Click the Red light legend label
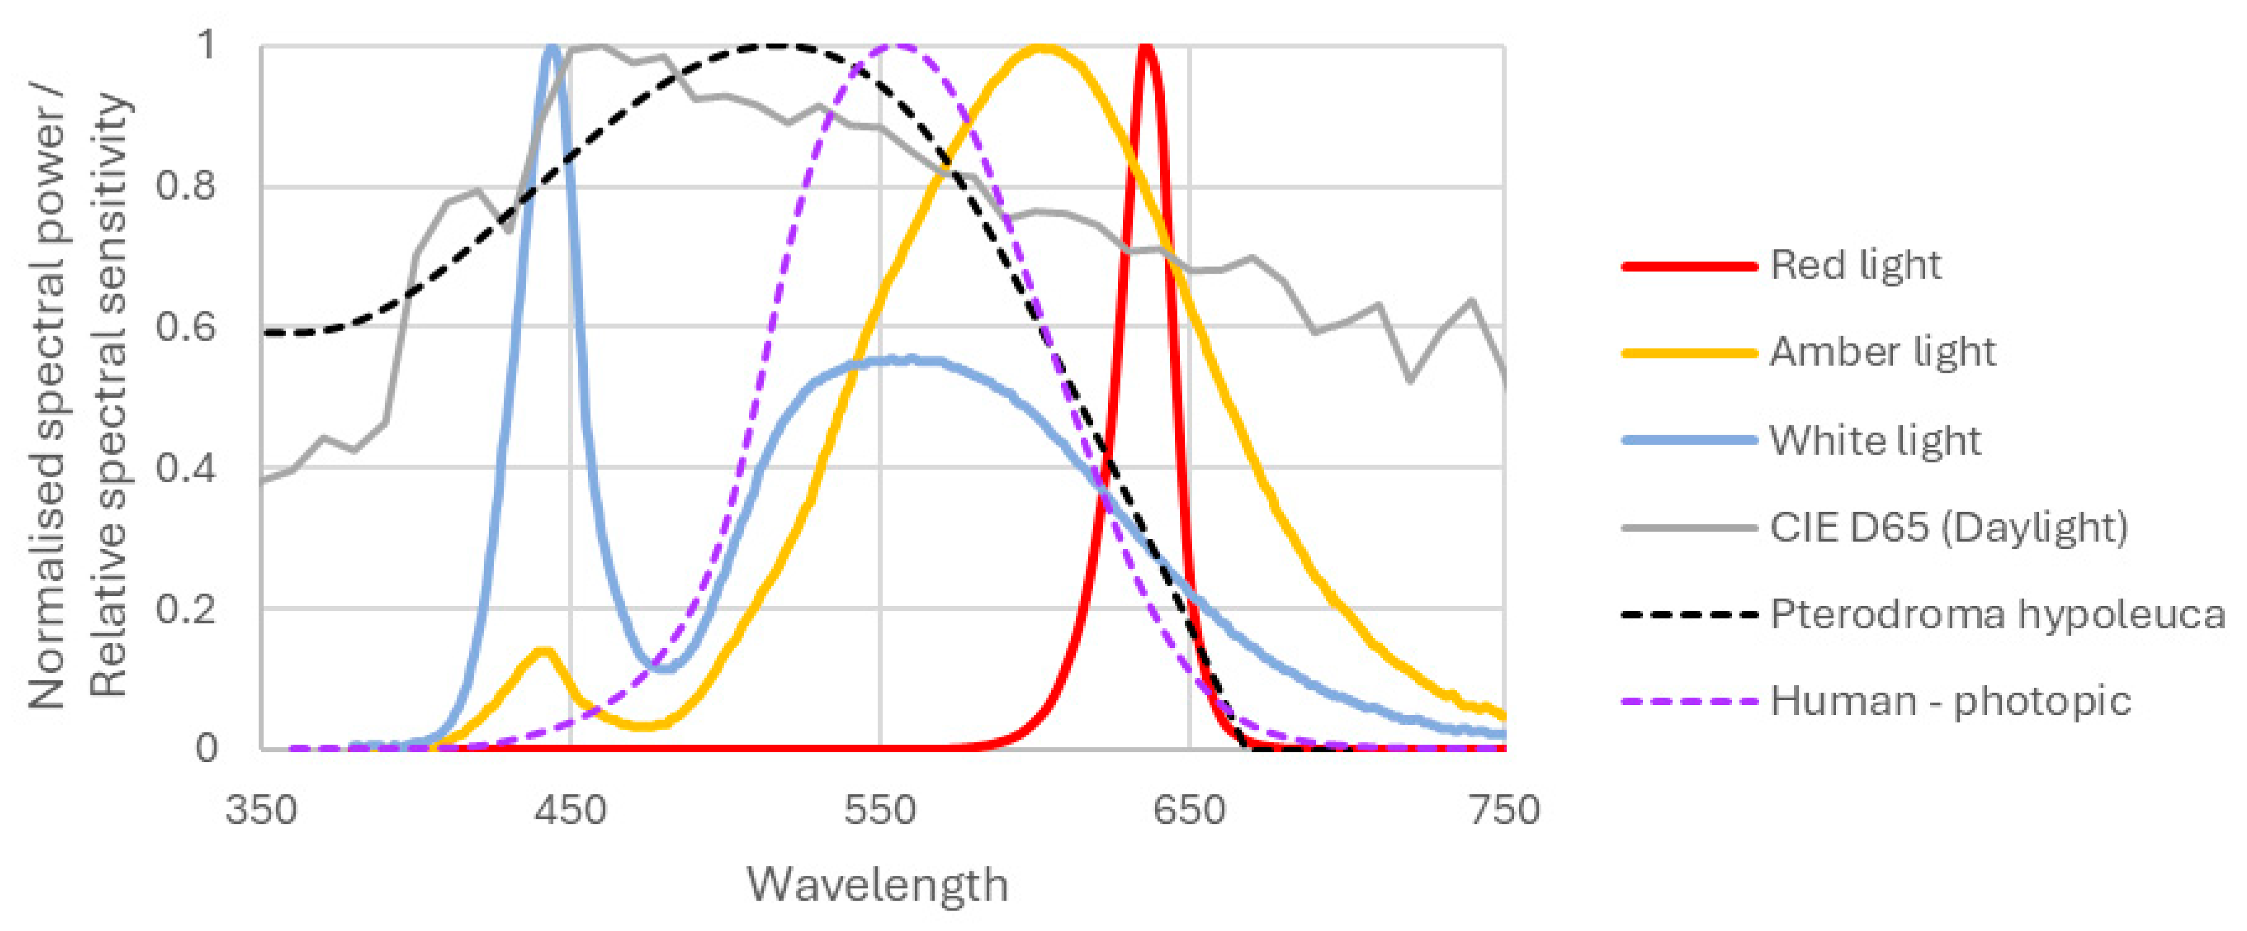[x=1855, y=266]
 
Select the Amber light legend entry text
[x=1882, y=352]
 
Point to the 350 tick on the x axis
[x=261, y=810]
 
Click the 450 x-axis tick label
[x=571, y=810]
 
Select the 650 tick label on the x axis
[x=1189, y=810]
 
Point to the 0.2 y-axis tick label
[x=185, y=608]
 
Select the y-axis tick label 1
[x=206, y=43]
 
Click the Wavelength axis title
[x=878, y=885]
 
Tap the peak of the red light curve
[x=1145, y=48]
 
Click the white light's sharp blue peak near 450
[x=552, y=48]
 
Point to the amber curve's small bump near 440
[x=542, y=651]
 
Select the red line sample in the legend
[x=1689, y=266]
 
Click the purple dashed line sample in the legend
[x=1689, y=701]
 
